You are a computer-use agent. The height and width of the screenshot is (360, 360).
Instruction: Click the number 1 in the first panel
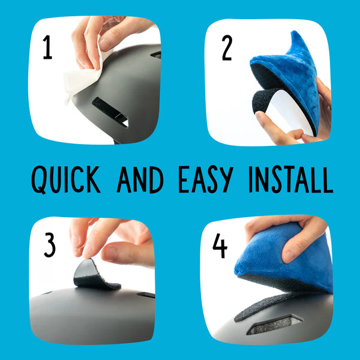(x=47, y=47)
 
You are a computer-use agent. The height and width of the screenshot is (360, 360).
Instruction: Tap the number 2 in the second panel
(x=226, y=49)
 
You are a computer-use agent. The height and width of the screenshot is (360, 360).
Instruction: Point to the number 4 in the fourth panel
(x=220, y=245)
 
